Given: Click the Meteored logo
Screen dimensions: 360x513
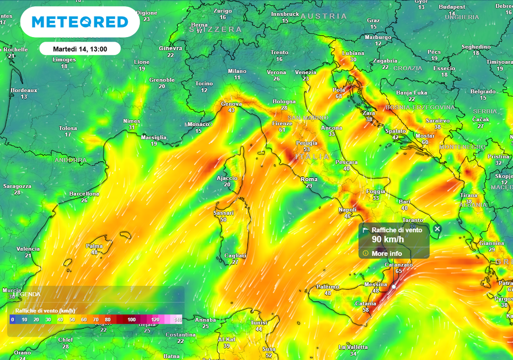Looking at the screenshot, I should (80, 22).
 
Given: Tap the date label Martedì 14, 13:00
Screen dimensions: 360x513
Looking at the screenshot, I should (80, 49).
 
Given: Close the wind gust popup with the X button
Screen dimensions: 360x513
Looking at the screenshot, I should (437, 229).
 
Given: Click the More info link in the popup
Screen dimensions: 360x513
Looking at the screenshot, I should (386, 253).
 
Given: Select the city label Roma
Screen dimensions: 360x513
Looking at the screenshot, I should (309, 179).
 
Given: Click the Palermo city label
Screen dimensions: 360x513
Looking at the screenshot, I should (328, 287).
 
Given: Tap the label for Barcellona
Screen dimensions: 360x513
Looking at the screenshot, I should (84, 194).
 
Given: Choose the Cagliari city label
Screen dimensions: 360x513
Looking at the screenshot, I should (235, 255).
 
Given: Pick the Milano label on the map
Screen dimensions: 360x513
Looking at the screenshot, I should (237, 71).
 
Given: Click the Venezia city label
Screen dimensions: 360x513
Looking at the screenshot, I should (306, 72).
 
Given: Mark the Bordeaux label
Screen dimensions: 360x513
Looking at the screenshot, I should (24, 91).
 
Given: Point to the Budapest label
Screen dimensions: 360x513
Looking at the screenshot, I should (452, 7).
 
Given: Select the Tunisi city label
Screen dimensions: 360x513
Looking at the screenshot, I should (259, 323).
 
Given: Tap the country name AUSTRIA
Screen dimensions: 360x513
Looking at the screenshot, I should (324, 17).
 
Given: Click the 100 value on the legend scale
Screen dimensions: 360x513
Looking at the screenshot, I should (131, 319).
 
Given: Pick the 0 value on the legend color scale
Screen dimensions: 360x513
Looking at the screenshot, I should (12, 319).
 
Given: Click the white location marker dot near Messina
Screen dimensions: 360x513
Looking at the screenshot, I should (394, 287).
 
